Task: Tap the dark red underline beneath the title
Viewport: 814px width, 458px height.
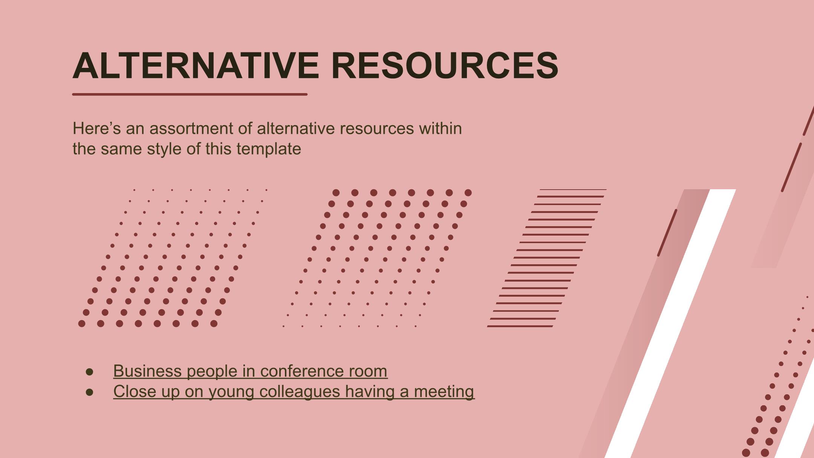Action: coord(190,94)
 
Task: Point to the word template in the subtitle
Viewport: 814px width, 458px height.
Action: coord(269,149)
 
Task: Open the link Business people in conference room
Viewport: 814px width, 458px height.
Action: coord(250,371)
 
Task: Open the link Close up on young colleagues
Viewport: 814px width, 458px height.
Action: coord(294,391)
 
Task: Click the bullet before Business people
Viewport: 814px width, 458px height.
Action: coord(90,372)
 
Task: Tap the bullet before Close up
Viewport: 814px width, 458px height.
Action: coord(90,392)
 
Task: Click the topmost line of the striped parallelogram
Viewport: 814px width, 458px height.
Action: coord(573,190)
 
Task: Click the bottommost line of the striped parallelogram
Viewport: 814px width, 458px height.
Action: coord(520,326)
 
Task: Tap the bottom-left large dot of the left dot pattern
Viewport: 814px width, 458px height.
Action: coord(82,323)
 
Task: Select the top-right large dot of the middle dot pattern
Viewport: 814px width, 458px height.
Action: coord(468,193)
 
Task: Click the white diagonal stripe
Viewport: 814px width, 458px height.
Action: coord(670,323)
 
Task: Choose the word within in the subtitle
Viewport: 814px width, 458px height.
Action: coord(440,129)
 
